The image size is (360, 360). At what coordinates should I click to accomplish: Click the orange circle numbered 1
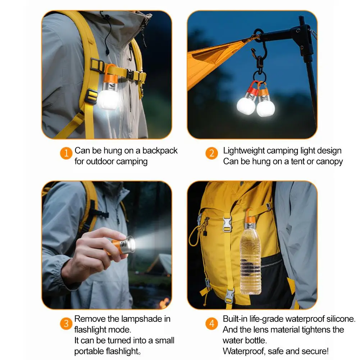(x=66, y=153)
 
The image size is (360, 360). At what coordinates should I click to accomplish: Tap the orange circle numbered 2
(x=212, y=153)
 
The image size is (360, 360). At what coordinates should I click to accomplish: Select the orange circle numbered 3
(x=66, y=323)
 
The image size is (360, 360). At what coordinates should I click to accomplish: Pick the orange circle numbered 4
(x=212, y=323)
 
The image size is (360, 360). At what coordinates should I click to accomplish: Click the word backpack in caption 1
(x=160, y=151)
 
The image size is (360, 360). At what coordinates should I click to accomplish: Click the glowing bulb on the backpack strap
(x=108, y=99)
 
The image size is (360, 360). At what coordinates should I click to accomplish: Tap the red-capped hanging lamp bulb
(x=246, y=105)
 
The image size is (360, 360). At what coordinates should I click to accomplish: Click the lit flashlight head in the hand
(x=130, y=245)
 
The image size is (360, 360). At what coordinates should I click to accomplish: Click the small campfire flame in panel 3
(x=164, y=303)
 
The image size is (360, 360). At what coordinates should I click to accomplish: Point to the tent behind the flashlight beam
(x=160, y=264)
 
